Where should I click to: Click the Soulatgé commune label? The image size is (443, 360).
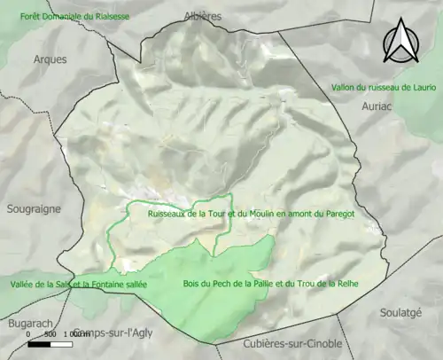click(400, 312)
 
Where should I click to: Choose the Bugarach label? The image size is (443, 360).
click(24, 325)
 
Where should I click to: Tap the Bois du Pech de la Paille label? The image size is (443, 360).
click(269, 284)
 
